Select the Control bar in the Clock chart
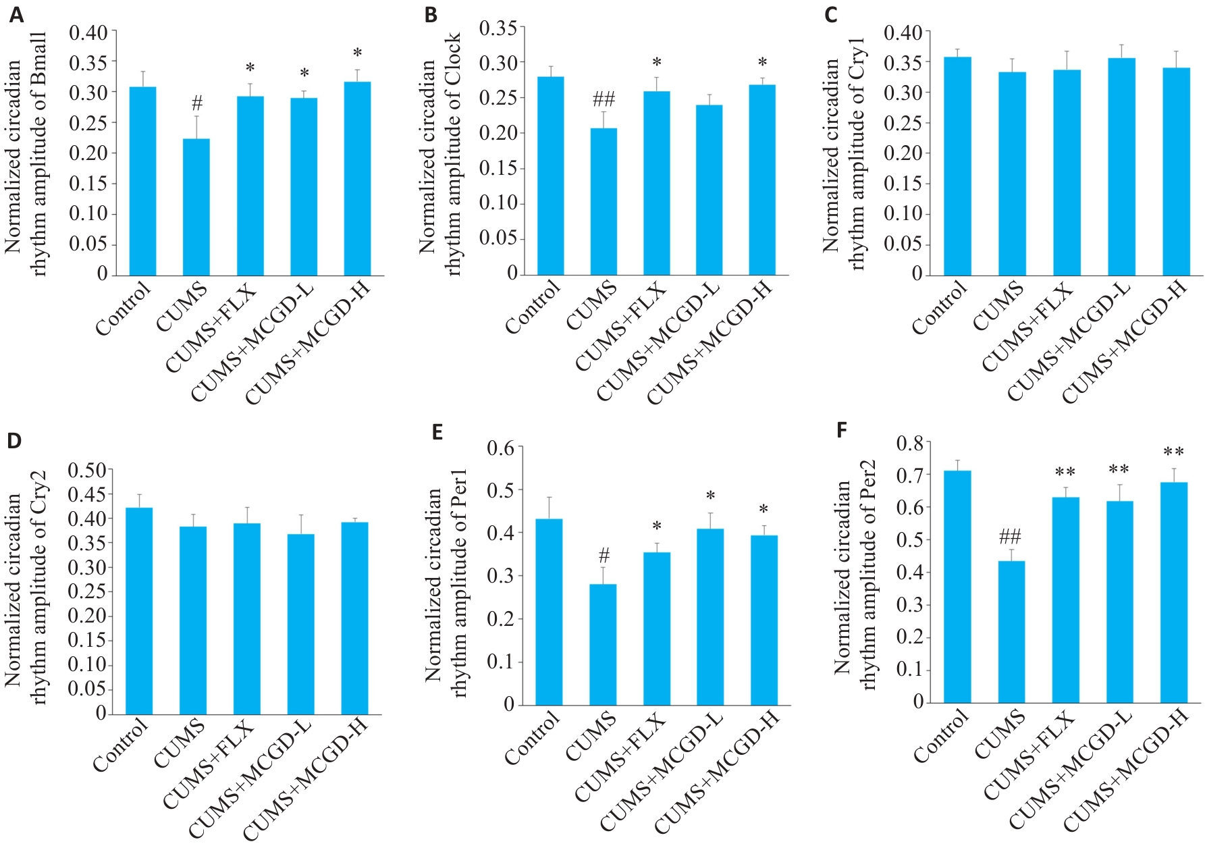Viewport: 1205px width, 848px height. click(550, 176)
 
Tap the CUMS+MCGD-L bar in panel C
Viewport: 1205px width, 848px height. click(1121, 167)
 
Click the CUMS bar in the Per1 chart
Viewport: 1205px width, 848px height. click(603, 644)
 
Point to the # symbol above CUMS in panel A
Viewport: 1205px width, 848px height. click(196, 103)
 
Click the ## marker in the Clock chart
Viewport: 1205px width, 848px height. click(604, 100)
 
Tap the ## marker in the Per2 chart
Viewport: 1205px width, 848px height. click(1010, 537)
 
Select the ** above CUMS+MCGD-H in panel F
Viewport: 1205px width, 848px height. click(1173, 452)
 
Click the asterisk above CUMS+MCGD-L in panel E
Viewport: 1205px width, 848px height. click(710, 497)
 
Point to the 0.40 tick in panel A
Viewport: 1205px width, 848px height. click(88, 32)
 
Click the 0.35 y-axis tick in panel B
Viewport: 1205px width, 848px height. click(498, 28)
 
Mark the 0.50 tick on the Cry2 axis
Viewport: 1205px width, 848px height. click(87, 469)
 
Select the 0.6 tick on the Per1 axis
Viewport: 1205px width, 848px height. click(501, 448)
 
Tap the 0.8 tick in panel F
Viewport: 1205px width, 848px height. click(909, 443)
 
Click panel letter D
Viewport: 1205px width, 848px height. click(14, 440)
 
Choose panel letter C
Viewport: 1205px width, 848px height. click(831, 15)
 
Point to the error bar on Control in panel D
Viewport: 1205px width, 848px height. click(139, 500)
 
